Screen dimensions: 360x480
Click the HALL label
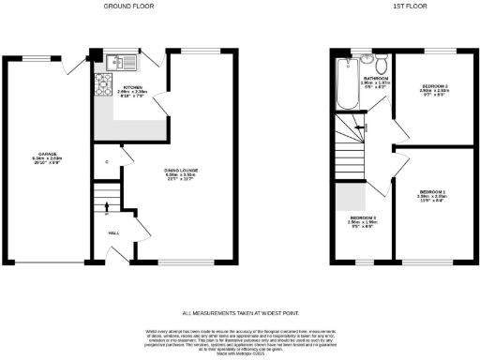tap(113, 232)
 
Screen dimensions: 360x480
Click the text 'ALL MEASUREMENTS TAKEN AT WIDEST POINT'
tap(240, 312)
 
